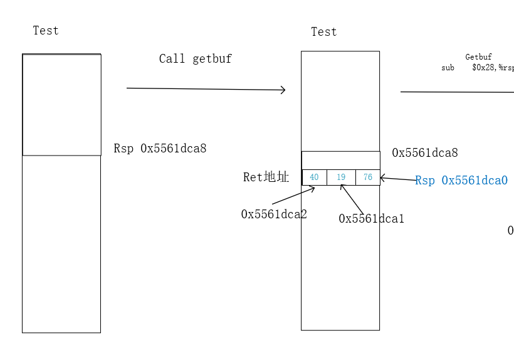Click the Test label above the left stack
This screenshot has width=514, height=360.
tap(46, 30)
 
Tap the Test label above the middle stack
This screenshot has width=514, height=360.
tap(324, 32)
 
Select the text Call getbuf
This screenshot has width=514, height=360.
tap(195, 59)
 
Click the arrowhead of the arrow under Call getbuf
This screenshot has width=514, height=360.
tap(283, 90)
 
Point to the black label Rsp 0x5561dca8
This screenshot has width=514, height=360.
tap(160, 149)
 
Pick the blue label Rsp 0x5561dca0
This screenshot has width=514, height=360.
tap(461, 181)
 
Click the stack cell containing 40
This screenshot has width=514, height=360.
tap(314, 177)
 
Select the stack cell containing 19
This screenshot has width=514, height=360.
tap(341, 177)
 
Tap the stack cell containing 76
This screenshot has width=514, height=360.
tap(368, 177)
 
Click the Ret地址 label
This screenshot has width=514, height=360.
tap(266, 177)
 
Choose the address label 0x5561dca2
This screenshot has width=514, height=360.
tap(274, 214)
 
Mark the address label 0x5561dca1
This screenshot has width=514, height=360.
tap(371, 219)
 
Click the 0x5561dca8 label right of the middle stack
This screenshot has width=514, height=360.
tap(424, 153)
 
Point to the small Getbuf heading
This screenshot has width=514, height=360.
tap(478, 57)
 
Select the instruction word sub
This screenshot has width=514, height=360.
tap(448, 68)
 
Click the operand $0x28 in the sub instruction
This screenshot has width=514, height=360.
tap(483, 68)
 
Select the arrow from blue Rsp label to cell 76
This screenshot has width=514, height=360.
tap(397, 180)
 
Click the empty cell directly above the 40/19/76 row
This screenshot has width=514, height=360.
tap(340, 160)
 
